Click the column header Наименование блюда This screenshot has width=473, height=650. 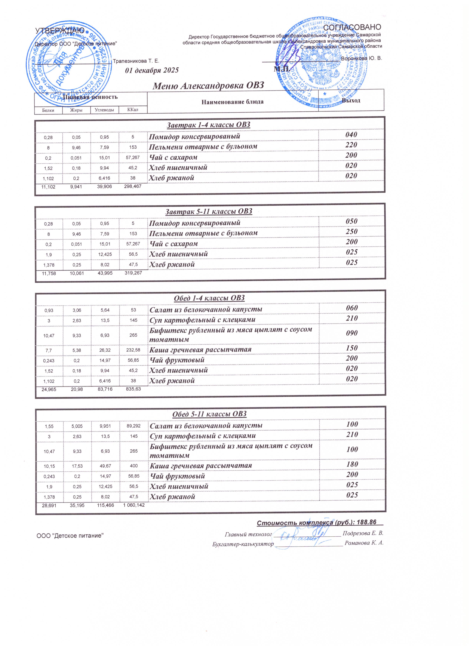coord(232,102)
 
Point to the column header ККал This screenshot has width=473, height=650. coord(133,110)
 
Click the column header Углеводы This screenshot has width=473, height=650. coord(104,110)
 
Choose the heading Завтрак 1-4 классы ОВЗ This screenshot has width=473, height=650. coord(209,125)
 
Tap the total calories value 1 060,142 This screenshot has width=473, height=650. coord(134,505)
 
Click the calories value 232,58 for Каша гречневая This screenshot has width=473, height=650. coord(133,350)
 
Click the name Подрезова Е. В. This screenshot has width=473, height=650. coord(363,533)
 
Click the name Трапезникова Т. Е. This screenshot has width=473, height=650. coord(136,61)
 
